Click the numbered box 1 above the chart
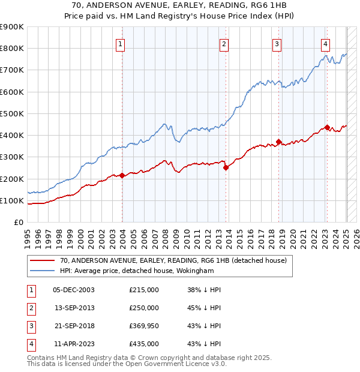(121, 44)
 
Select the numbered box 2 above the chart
(224, 44)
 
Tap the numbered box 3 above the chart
(277, 44)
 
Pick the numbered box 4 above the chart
(325, 44)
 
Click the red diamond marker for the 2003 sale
(122, 175)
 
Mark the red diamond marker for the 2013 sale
(226, 168)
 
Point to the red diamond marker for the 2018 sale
(279, 142)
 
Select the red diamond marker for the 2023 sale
(327, 127)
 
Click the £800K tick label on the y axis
(13, 49)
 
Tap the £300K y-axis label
(13, 157)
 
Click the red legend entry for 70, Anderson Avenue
(173, 260)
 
